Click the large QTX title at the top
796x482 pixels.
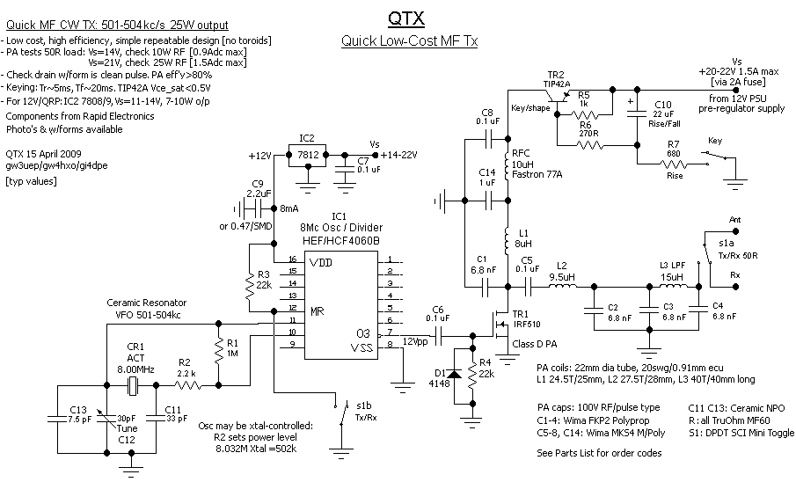coord(409,19)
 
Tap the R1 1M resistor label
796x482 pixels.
coord(232,347)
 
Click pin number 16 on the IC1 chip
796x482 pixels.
coord(292,261)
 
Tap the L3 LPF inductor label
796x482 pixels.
coord(673,266)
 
